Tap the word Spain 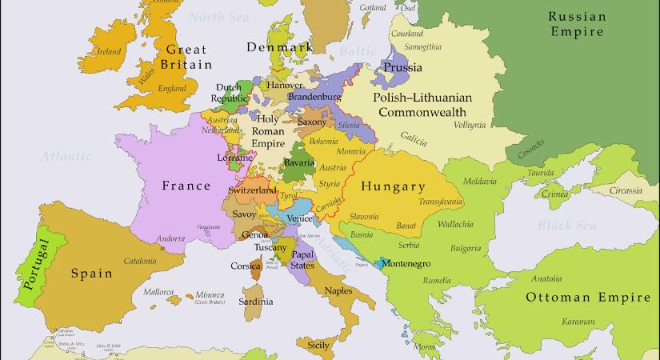click(90, 273)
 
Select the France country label click(186, 186)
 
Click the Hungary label click(393, 186)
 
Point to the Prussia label click(402, 67)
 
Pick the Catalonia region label click(140, 261)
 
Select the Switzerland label click(252, 191)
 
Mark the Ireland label click(109, 52)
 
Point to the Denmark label click(278, 48)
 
